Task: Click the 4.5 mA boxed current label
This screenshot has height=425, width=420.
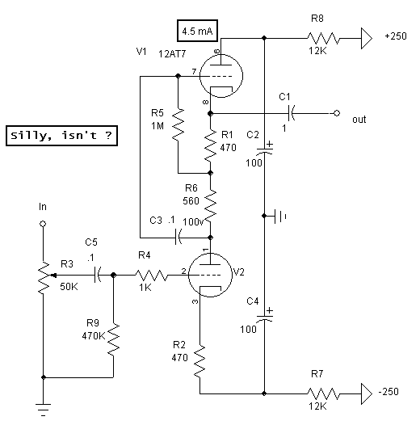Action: point(197,31)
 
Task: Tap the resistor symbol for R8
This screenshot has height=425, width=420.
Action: point(323,38)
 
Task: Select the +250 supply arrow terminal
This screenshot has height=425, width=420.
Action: point(367,38)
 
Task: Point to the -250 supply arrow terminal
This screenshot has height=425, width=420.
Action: point(367,393)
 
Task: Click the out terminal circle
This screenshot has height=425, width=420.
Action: point(337,113)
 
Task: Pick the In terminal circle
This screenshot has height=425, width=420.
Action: point(43,224)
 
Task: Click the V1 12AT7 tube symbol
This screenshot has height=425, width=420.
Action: point(221,76)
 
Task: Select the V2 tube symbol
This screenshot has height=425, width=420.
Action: point(210,275)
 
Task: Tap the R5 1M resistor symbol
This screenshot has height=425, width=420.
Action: point(178,124)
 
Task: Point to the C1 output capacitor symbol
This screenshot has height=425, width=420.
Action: point(292,113)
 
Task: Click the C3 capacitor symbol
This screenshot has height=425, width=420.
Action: point(178,238)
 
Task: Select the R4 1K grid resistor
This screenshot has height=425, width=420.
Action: point(151,275)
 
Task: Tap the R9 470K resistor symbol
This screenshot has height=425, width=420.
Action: point(113,339)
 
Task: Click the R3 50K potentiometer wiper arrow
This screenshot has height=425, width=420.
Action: point(53,276)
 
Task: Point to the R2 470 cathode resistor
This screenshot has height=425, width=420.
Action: point(199,361)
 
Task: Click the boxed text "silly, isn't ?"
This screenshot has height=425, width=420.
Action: point(61,136)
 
